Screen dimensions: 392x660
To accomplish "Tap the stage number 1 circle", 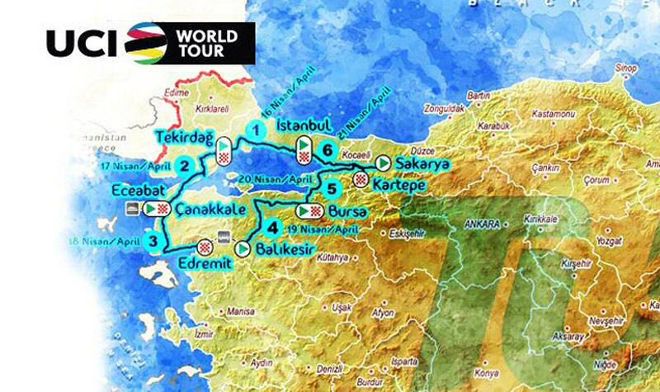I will pyautogui.click(x=257, y=130).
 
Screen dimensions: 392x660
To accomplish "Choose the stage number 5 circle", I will pyautogui.click(x=331, y=187).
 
